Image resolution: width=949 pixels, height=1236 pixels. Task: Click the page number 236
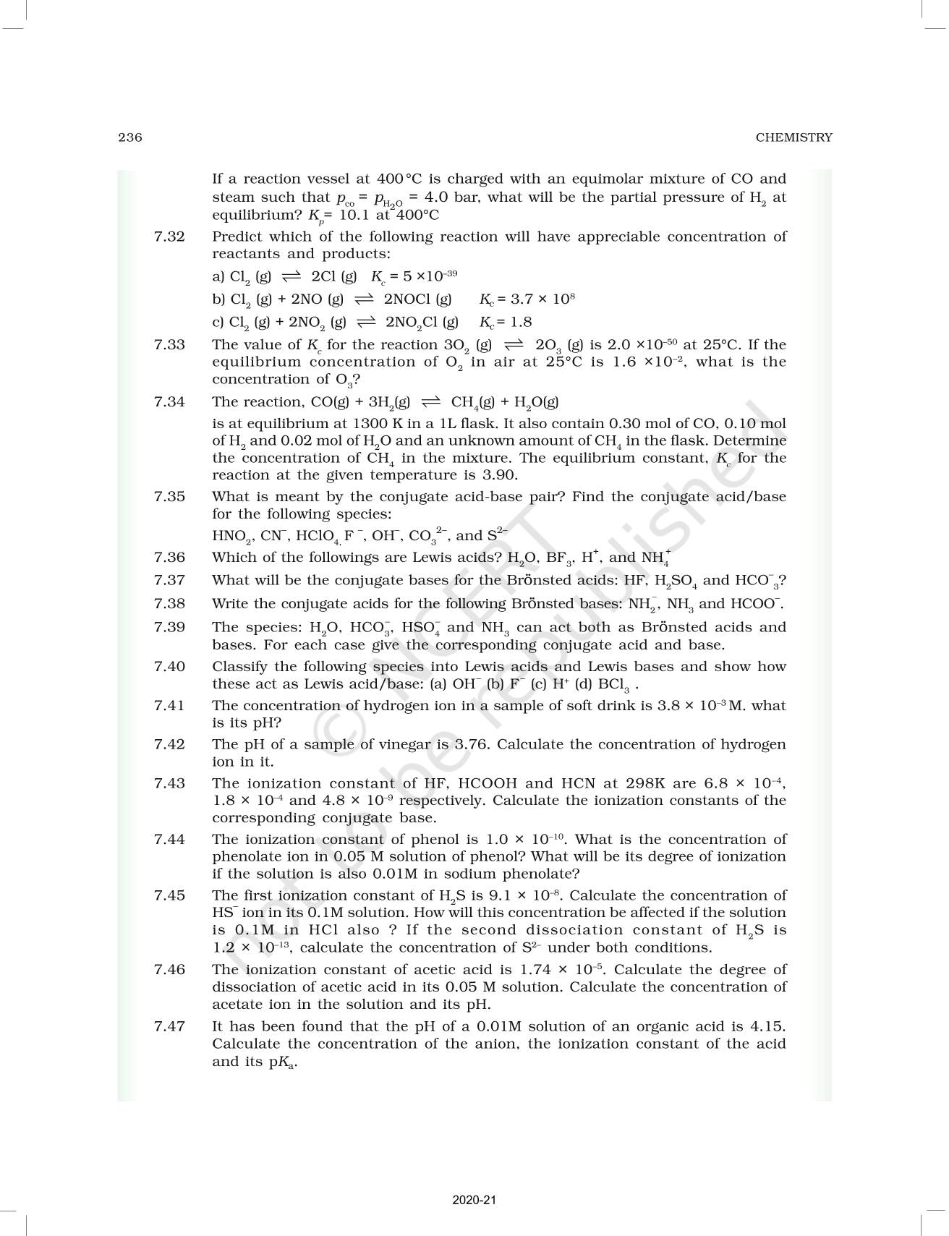click(130, 137)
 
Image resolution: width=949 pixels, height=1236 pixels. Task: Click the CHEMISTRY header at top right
click(793, 137)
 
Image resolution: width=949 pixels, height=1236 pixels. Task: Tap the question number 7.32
click(169, 236)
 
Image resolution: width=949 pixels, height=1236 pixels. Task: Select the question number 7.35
click(169, 497)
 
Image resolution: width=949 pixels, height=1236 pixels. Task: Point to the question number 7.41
click(169, 706)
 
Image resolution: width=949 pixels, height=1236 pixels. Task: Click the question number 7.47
click(169, 1026)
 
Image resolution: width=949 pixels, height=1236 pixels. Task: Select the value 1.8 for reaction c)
click(521, 323)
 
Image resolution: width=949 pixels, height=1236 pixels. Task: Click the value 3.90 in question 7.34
click(502, 476)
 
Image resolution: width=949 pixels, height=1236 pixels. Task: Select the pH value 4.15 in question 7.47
click(768, 1026)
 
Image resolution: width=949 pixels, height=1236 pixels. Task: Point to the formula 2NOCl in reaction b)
click(417, 299)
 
